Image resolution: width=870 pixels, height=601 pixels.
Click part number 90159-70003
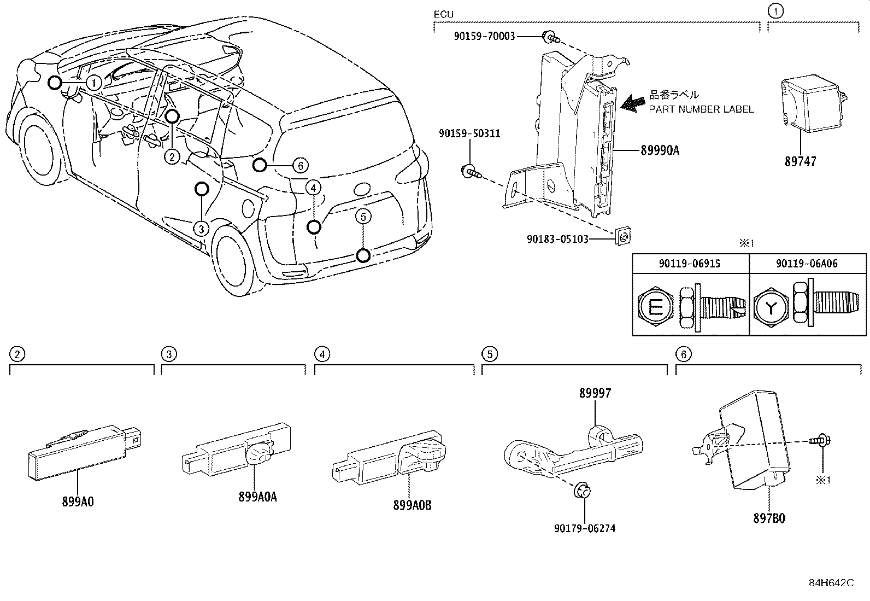[x=484, y=37]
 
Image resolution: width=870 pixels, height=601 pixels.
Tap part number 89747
[x=800, y=161]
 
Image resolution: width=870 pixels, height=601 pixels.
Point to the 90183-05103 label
[x=557, y=239]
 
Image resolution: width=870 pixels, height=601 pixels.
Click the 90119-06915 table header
[x=690, y=264]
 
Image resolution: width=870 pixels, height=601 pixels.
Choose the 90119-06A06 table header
[x=807, y=264]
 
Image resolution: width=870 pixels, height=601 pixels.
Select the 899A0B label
[x=412, y=505]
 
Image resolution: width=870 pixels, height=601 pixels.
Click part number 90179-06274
[x=584, y=528]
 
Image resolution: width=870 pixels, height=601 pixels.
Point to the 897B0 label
[x=769, y=518]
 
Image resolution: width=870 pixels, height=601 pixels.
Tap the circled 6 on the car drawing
[x=300, y=165]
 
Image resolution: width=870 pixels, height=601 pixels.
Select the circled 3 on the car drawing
[x=202, y=229]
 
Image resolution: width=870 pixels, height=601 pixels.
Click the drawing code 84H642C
[x=831, y=582]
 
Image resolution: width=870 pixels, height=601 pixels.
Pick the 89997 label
[x=595, y=393]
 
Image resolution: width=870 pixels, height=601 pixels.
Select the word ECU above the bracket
[x=443, y=14]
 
